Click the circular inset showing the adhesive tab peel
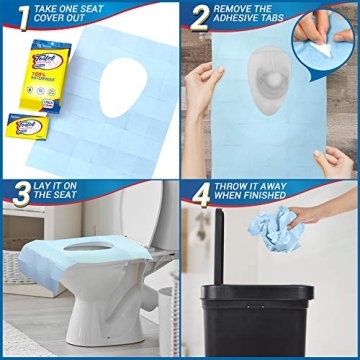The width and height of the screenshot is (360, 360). pyautogui.click(x=324, y=39)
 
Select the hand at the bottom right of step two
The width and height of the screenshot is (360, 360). pyautogui.click(x=334, y=160)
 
